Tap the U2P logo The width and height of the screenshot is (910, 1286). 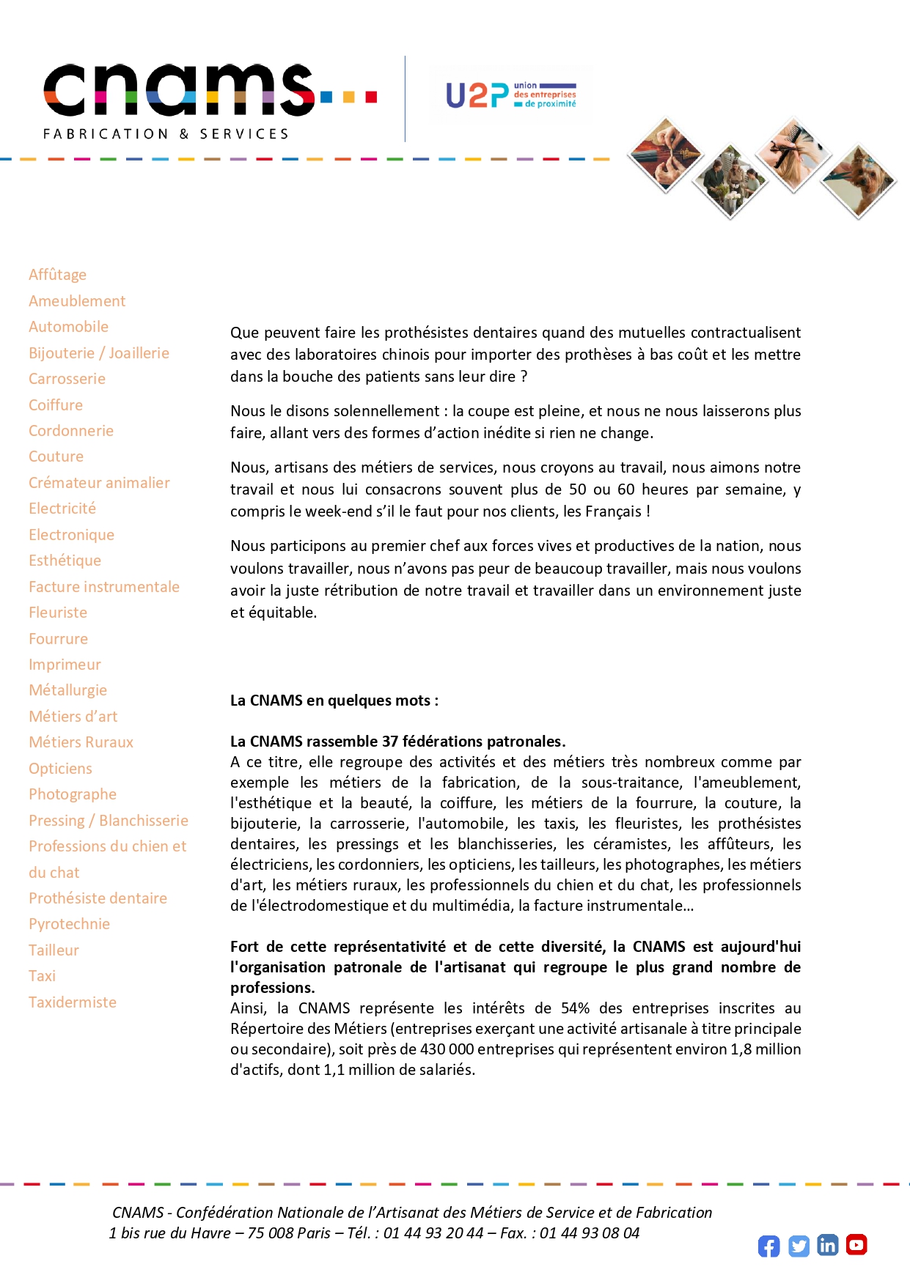[x=510, y=95]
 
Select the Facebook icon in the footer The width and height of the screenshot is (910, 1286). [x=768, y=1246]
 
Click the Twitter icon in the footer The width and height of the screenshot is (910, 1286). [x=799, y=1246]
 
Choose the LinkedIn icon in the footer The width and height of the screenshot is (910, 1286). [x=827, y=1245]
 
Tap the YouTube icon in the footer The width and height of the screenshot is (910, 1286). [x=856, y=1244]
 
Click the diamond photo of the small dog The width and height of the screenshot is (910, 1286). [x=859, y=180]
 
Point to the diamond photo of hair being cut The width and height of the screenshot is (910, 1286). [x=793, y=154]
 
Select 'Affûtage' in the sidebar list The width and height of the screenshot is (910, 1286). [x=57, y=275]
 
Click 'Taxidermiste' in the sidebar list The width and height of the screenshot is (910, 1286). [x=73, y=1002]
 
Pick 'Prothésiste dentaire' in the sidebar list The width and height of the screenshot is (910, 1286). [x=98, y=898]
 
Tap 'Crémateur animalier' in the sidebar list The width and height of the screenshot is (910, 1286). [x=99, y=483]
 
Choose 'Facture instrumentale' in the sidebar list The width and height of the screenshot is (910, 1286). [x=104, y=587]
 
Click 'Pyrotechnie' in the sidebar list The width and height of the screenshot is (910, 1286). [x=69, y=924]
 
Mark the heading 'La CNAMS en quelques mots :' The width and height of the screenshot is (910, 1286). [x=334, y=701]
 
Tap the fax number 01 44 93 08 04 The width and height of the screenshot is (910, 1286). [x=590, y=1233]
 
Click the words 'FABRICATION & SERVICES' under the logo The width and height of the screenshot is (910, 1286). [x=166, y=134]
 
